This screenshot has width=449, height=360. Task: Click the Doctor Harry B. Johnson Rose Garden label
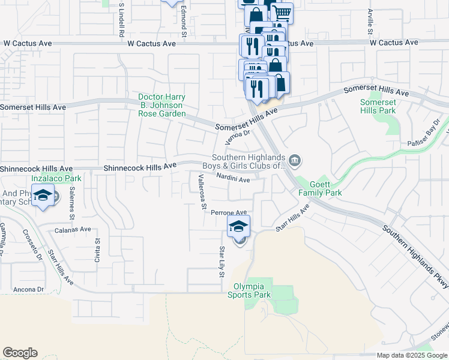pyautogui.click(x=161, y=105)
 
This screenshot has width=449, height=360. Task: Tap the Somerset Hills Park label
pyautogui.click(x=378, y=106)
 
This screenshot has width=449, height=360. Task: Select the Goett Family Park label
pyautogui.click(x=320, y=188)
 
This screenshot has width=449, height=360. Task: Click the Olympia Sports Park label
pyautogui.click(x=252, y=290)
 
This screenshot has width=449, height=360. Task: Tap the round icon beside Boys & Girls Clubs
pyautogui.click(x=295, y=160)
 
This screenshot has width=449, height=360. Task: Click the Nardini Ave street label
pyautogui.click(x=233, y=178)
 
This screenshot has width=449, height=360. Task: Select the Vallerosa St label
pyautogui.click(x=202, y=191)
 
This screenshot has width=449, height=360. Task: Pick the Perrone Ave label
pyautogui.click(x=233, y=212)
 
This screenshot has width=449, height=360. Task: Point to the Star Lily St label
pyautogui.click(x=221, y=262)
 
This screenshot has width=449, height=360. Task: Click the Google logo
pyautogui.click(x=20, y=353)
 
